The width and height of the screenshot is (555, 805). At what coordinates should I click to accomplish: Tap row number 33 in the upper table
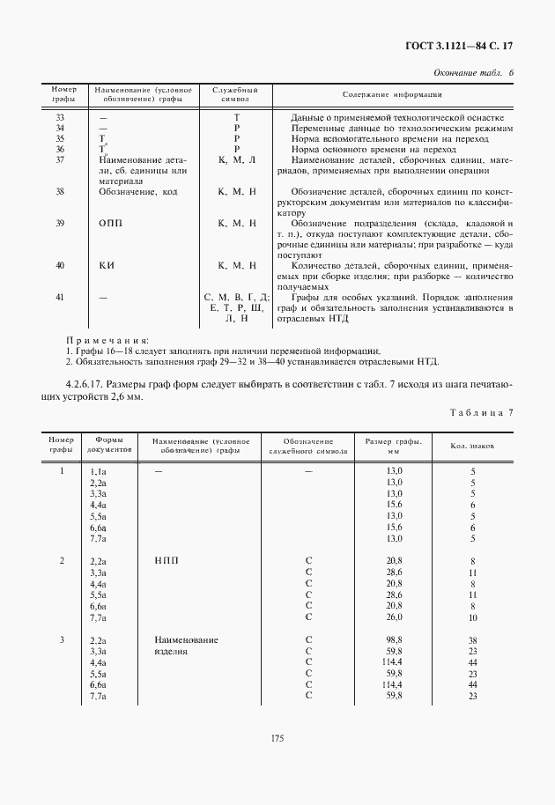59,117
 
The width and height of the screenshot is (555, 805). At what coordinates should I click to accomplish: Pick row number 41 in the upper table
59,298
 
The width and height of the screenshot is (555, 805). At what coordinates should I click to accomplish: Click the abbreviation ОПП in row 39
111,224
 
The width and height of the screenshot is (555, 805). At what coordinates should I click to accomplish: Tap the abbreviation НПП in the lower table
166,560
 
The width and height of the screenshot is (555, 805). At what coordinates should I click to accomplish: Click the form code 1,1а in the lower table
98,473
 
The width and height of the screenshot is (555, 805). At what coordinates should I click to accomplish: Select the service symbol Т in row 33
236,117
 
